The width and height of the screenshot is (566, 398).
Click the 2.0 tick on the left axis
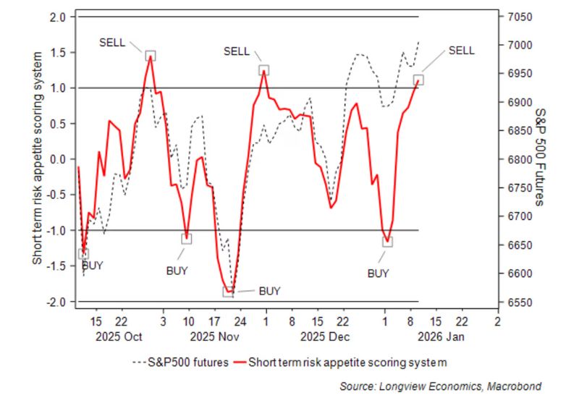point(56,17)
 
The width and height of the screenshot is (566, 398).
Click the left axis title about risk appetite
point(38,159)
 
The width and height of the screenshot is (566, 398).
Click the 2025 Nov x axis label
point(214,336)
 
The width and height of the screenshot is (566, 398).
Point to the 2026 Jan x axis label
point(442,336)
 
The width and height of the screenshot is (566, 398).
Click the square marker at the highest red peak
point(150,56)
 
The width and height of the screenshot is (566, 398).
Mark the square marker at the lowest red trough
point(228,292)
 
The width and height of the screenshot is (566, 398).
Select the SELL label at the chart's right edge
point(462,51)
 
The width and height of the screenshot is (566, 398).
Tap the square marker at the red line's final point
point(418,80)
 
